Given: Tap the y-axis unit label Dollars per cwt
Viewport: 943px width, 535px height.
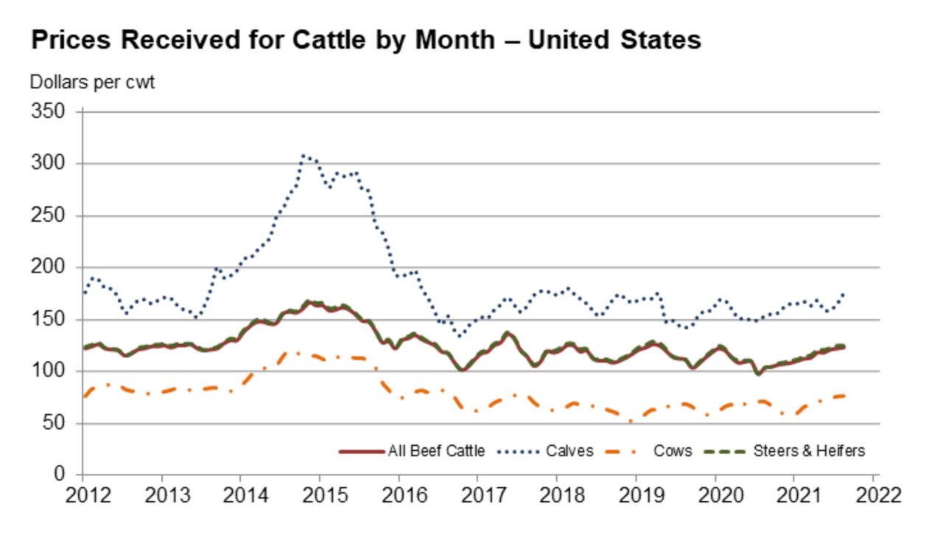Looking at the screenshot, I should coord(92,83).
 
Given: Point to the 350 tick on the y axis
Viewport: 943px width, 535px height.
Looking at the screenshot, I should coord(49,112).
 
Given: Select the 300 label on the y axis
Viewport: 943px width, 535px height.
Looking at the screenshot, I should coord(49,164).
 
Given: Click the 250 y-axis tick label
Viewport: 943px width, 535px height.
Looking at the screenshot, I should coord(49,216).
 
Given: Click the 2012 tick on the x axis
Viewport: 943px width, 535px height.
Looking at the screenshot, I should coord(82,494).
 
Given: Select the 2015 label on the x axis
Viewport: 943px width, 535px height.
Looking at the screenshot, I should coord(320,494).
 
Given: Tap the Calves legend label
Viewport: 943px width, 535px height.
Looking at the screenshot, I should coord(569,450).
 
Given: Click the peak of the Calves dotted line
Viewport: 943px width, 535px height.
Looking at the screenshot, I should coord(303,155).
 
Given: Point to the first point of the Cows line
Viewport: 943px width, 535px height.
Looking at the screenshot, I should coord(84,397).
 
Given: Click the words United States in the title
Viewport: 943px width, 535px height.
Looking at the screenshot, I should coord(614,40).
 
